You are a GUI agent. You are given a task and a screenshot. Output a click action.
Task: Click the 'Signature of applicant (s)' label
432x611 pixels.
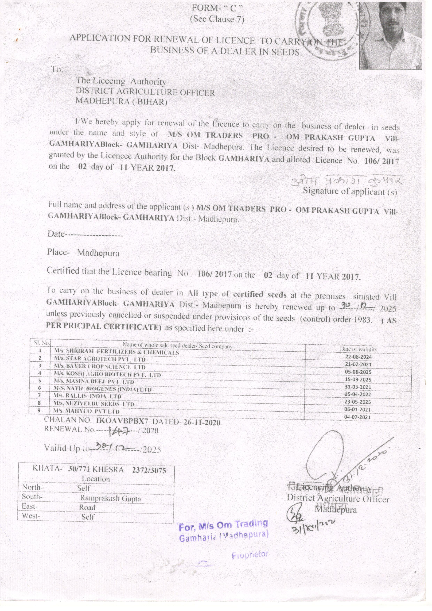[x=350, y=192]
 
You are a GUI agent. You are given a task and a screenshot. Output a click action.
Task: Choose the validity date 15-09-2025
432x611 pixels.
[x=358, y=380]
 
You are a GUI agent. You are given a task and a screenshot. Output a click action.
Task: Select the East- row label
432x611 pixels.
[x=30, y=506]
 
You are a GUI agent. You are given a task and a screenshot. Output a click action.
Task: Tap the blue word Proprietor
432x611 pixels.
[x=250, y=555]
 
